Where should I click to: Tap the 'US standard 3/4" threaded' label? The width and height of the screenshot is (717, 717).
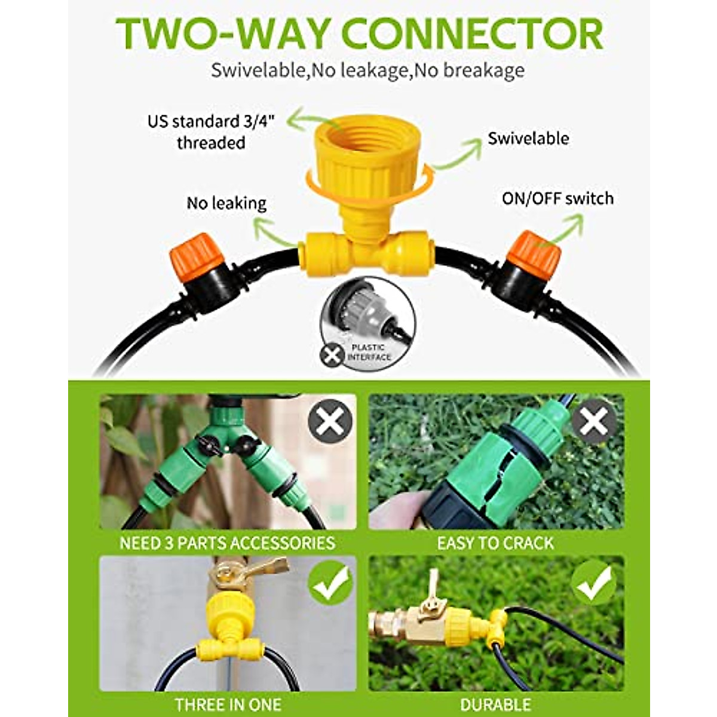[211, 132]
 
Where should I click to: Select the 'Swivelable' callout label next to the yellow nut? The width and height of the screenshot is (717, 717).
[528, 139]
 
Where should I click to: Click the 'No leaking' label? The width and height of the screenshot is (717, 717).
[226, 203]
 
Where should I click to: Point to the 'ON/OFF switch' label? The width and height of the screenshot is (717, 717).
[557, 198]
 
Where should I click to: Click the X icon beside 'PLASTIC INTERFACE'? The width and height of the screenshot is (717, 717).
[331, 355]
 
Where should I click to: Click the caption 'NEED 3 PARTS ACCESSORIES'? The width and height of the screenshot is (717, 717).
[228, 543]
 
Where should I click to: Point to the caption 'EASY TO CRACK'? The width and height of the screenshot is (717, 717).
[495, 543]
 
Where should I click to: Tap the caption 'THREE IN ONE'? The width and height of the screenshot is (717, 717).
[228, 704]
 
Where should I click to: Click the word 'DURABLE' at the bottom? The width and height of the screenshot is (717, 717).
[495, 704]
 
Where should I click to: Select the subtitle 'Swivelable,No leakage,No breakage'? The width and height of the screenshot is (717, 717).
[367, 71]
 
